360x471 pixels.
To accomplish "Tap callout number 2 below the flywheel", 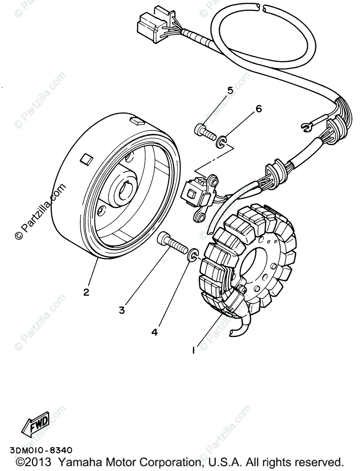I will [86, 292].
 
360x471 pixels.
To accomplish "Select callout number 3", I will [122, 310].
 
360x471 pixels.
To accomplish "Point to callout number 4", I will [155, 332].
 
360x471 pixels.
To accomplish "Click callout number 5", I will [230, 91].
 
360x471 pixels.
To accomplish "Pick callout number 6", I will [258, 109].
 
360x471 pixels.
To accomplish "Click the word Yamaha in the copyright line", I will [105, 462].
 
